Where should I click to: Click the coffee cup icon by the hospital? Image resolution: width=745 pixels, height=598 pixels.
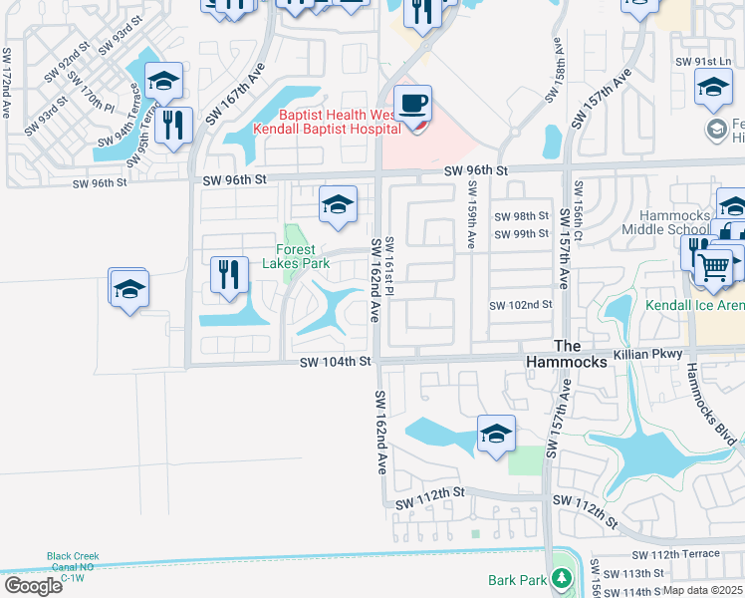click(411, 103)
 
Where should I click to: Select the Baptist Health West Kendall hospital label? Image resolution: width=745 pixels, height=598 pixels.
click(328, 121)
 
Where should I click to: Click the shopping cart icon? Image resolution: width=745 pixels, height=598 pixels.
click(713, 266)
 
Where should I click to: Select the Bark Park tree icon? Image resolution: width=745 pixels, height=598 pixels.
click(562, 578)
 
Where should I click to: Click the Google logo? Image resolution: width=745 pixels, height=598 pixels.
click(33, 585)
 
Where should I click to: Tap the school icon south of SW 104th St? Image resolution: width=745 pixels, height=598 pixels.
click(496, 434)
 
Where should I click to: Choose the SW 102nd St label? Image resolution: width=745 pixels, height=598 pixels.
click(520, 305)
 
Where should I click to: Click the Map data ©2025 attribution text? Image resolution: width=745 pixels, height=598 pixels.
click(702, 590)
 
